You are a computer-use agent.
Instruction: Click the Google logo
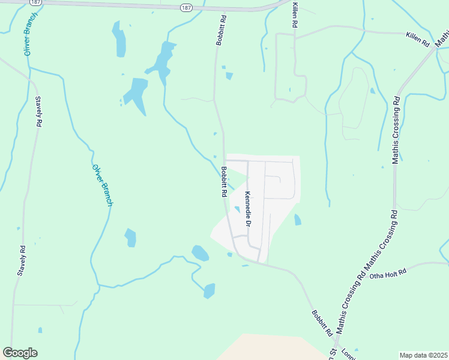pos(20,353)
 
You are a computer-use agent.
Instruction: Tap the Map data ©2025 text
pos(423,355)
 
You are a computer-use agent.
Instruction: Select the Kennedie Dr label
pos(247,209)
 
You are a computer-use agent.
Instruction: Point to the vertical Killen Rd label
pos(295,15)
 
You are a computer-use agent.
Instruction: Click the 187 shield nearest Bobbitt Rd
pos(187,7)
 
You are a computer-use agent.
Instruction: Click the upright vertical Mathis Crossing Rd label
pos(395,128)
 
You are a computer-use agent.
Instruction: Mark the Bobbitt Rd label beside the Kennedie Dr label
pos(223,182)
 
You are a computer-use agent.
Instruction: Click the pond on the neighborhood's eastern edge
pos(298,220)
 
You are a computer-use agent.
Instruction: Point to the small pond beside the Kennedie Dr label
pos(237,209)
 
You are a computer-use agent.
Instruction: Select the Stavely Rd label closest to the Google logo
pos(22,260)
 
